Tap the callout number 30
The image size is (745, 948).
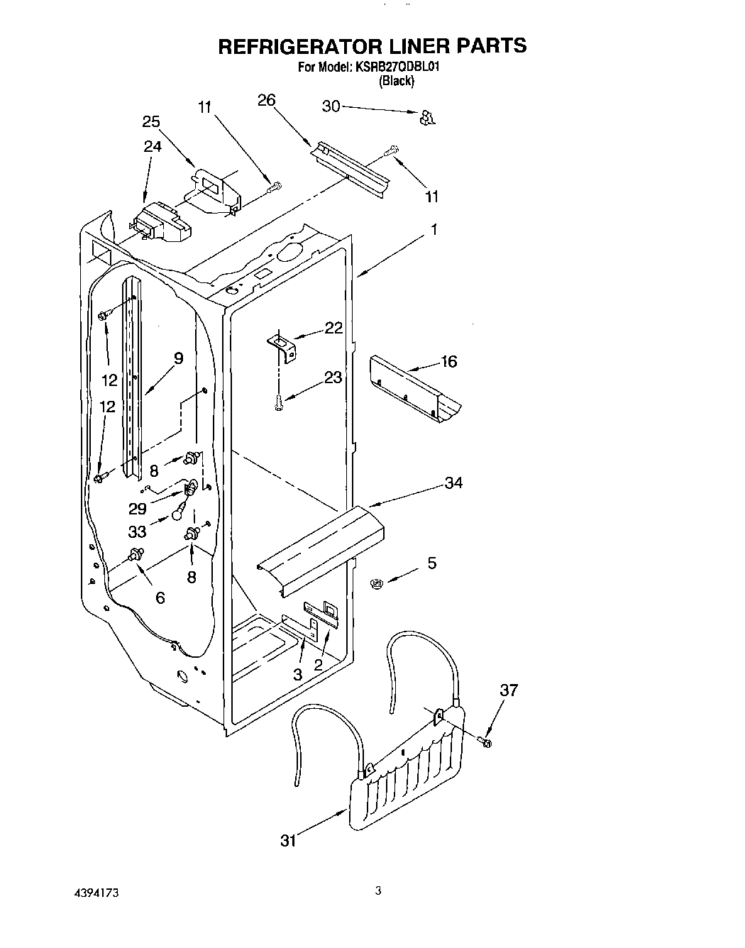pos(331,106)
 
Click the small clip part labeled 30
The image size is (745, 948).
pos(427,118)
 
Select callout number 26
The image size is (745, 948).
pos(266,100)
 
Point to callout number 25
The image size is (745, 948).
pos(150,121)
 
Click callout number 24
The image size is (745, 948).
pos(153,146)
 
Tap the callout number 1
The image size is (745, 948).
pos(434,229)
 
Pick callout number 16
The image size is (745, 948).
pos(448,362)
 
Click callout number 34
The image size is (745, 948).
pos(453,483)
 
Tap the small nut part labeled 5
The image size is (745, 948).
pos(377,583)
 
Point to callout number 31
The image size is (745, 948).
pos(287,840)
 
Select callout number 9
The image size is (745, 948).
pos(178,358)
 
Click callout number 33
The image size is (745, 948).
pos(137,530)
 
